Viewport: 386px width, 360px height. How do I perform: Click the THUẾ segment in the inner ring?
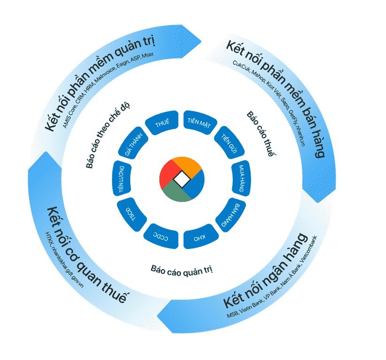pos(162,123)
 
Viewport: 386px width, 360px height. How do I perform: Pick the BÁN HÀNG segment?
pos(231,214)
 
